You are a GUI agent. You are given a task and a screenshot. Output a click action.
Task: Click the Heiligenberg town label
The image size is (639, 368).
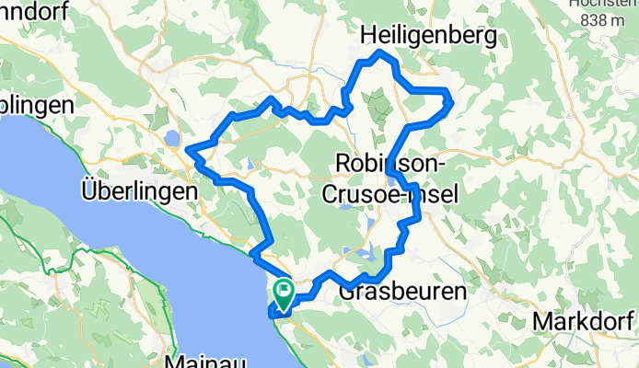coord(428,35)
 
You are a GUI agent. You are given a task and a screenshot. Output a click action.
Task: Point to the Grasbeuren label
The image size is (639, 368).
coord(402,292)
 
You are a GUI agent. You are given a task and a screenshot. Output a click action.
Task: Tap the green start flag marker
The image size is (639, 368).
coord(284,293)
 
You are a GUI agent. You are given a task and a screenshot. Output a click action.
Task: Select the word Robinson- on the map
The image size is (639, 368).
coord(390,163)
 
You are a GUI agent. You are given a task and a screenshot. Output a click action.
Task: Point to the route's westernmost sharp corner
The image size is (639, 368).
coord(187,149)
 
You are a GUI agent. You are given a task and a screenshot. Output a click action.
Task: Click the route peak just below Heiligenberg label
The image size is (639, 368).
coord(378,54)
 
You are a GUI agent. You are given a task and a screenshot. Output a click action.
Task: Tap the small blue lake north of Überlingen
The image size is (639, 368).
coord(173,139)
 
